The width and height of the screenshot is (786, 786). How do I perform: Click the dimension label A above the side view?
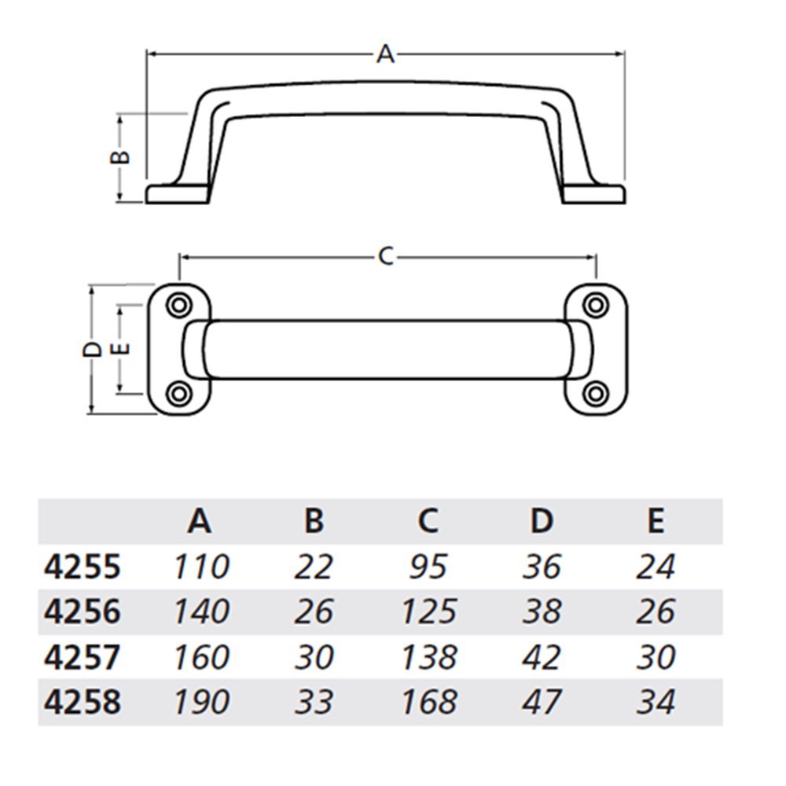(385, 54)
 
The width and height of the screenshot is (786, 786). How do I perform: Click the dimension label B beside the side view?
(119, 156)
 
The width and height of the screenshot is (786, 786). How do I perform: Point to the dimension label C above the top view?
(386, 256)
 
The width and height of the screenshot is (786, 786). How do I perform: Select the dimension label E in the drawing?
(120, 348)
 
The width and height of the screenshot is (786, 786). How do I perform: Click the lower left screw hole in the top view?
(178, 392)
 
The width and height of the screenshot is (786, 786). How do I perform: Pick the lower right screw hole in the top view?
(597, 392)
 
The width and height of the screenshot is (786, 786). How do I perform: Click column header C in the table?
(428, 520)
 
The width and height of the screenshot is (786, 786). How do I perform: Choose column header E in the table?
(656, 520)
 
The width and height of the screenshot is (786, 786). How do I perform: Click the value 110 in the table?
(200, 567)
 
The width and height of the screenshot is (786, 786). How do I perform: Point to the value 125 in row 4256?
(428, 612)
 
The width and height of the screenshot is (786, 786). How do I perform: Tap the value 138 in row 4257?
(428, 657)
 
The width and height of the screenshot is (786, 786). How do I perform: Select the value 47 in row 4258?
(542, 702)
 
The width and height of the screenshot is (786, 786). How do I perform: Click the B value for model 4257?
(314, 657)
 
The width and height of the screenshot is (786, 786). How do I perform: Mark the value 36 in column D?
(542, 567)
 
